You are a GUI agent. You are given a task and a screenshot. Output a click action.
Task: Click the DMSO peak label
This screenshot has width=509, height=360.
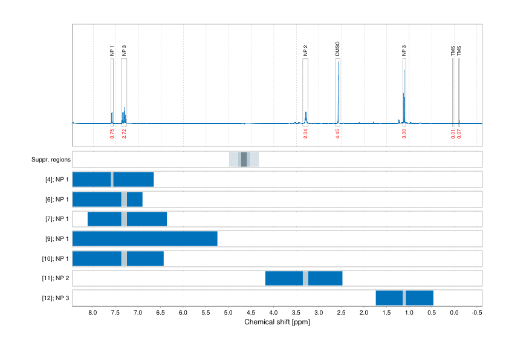click(337, 49)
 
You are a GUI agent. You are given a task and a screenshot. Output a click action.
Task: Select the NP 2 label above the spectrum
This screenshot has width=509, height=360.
click(305, 51)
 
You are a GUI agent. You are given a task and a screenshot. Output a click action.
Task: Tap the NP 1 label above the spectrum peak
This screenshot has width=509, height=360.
click(112, 51)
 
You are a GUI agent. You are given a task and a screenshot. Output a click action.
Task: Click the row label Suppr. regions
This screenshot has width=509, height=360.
click(51, 160)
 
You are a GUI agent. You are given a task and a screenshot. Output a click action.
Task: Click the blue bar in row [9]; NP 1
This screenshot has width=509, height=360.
click(144, 238)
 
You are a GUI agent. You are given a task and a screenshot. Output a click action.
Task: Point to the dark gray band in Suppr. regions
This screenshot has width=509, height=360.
click(244, 160)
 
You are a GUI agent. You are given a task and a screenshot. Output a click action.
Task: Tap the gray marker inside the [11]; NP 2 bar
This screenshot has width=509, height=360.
click(305, 278)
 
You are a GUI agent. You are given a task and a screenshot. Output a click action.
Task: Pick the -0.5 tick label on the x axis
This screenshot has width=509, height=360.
click(476, 313)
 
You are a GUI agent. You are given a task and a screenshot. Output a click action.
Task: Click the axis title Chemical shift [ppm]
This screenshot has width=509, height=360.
click(277, 322)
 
